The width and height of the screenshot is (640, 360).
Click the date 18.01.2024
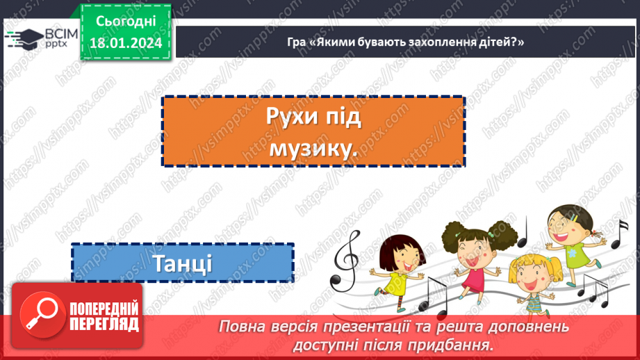tap(126, 44)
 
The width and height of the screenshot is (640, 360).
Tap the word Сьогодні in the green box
tap(126, 23)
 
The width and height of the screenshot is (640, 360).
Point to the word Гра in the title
tap(296, 43)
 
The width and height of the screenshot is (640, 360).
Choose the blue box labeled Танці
tap(183, 263)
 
